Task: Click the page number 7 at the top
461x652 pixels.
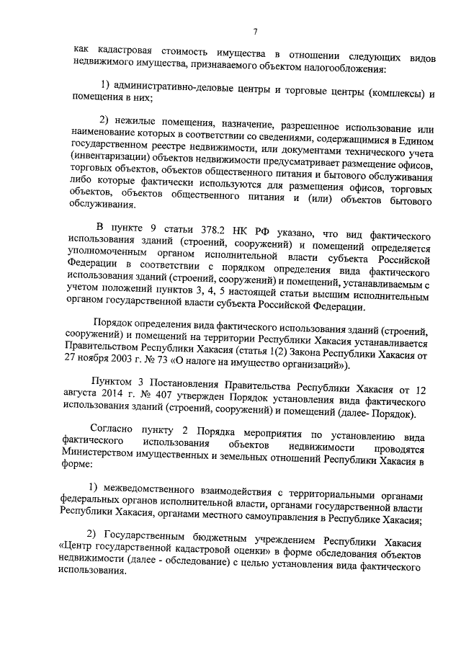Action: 255,30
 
